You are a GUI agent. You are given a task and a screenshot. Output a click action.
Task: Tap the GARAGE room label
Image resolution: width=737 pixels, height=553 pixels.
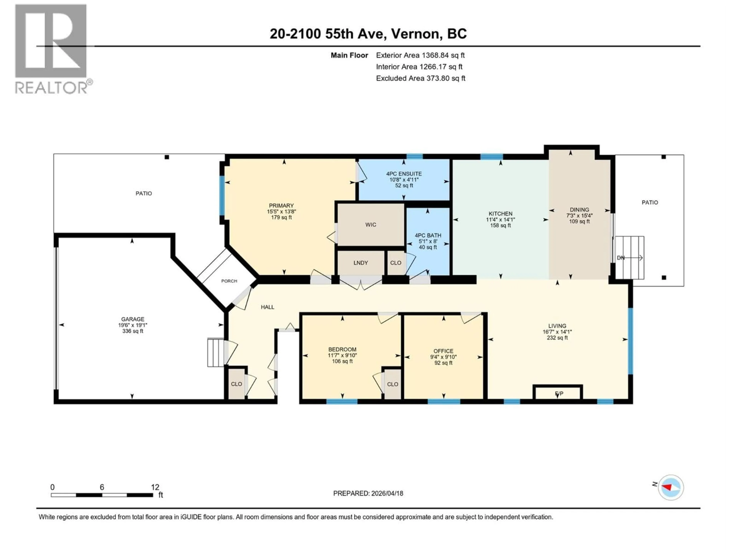[133, 319]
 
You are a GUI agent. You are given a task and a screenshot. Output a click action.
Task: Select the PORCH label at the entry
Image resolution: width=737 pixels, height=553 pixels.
[229, 281]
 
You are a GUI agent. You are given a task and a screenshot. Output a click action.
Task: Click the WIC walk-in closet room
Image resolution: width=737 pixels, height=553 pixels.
[370, 225]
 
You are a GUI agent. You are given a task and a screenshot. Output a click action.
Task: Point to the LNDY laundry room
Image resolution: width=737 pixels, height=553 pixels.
[360, 263]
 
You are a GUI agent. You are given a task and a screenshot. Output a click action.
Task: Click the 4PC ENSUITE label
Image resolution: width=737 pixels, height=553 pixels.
[404, 174]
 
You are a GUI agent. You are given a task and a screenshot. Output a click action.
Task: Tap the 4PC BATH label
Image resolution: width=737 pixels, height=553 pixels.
[428, 235]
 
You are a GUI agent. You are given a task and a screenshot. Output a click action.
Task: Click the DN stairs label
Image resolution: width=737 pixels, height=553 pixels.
[621, 258]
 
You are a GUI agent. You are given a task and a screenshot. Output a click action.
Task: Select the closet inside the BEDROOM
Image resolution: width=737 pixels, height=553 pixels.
[392, 384]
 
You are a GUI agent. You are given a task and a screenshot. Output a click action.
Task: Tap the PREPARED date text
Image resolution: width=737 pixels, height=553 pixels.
[368, 493]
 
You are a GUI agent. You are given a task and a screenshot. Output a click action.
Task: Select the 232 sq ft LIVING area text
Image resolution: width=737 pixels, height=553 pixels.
[557, 338]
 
